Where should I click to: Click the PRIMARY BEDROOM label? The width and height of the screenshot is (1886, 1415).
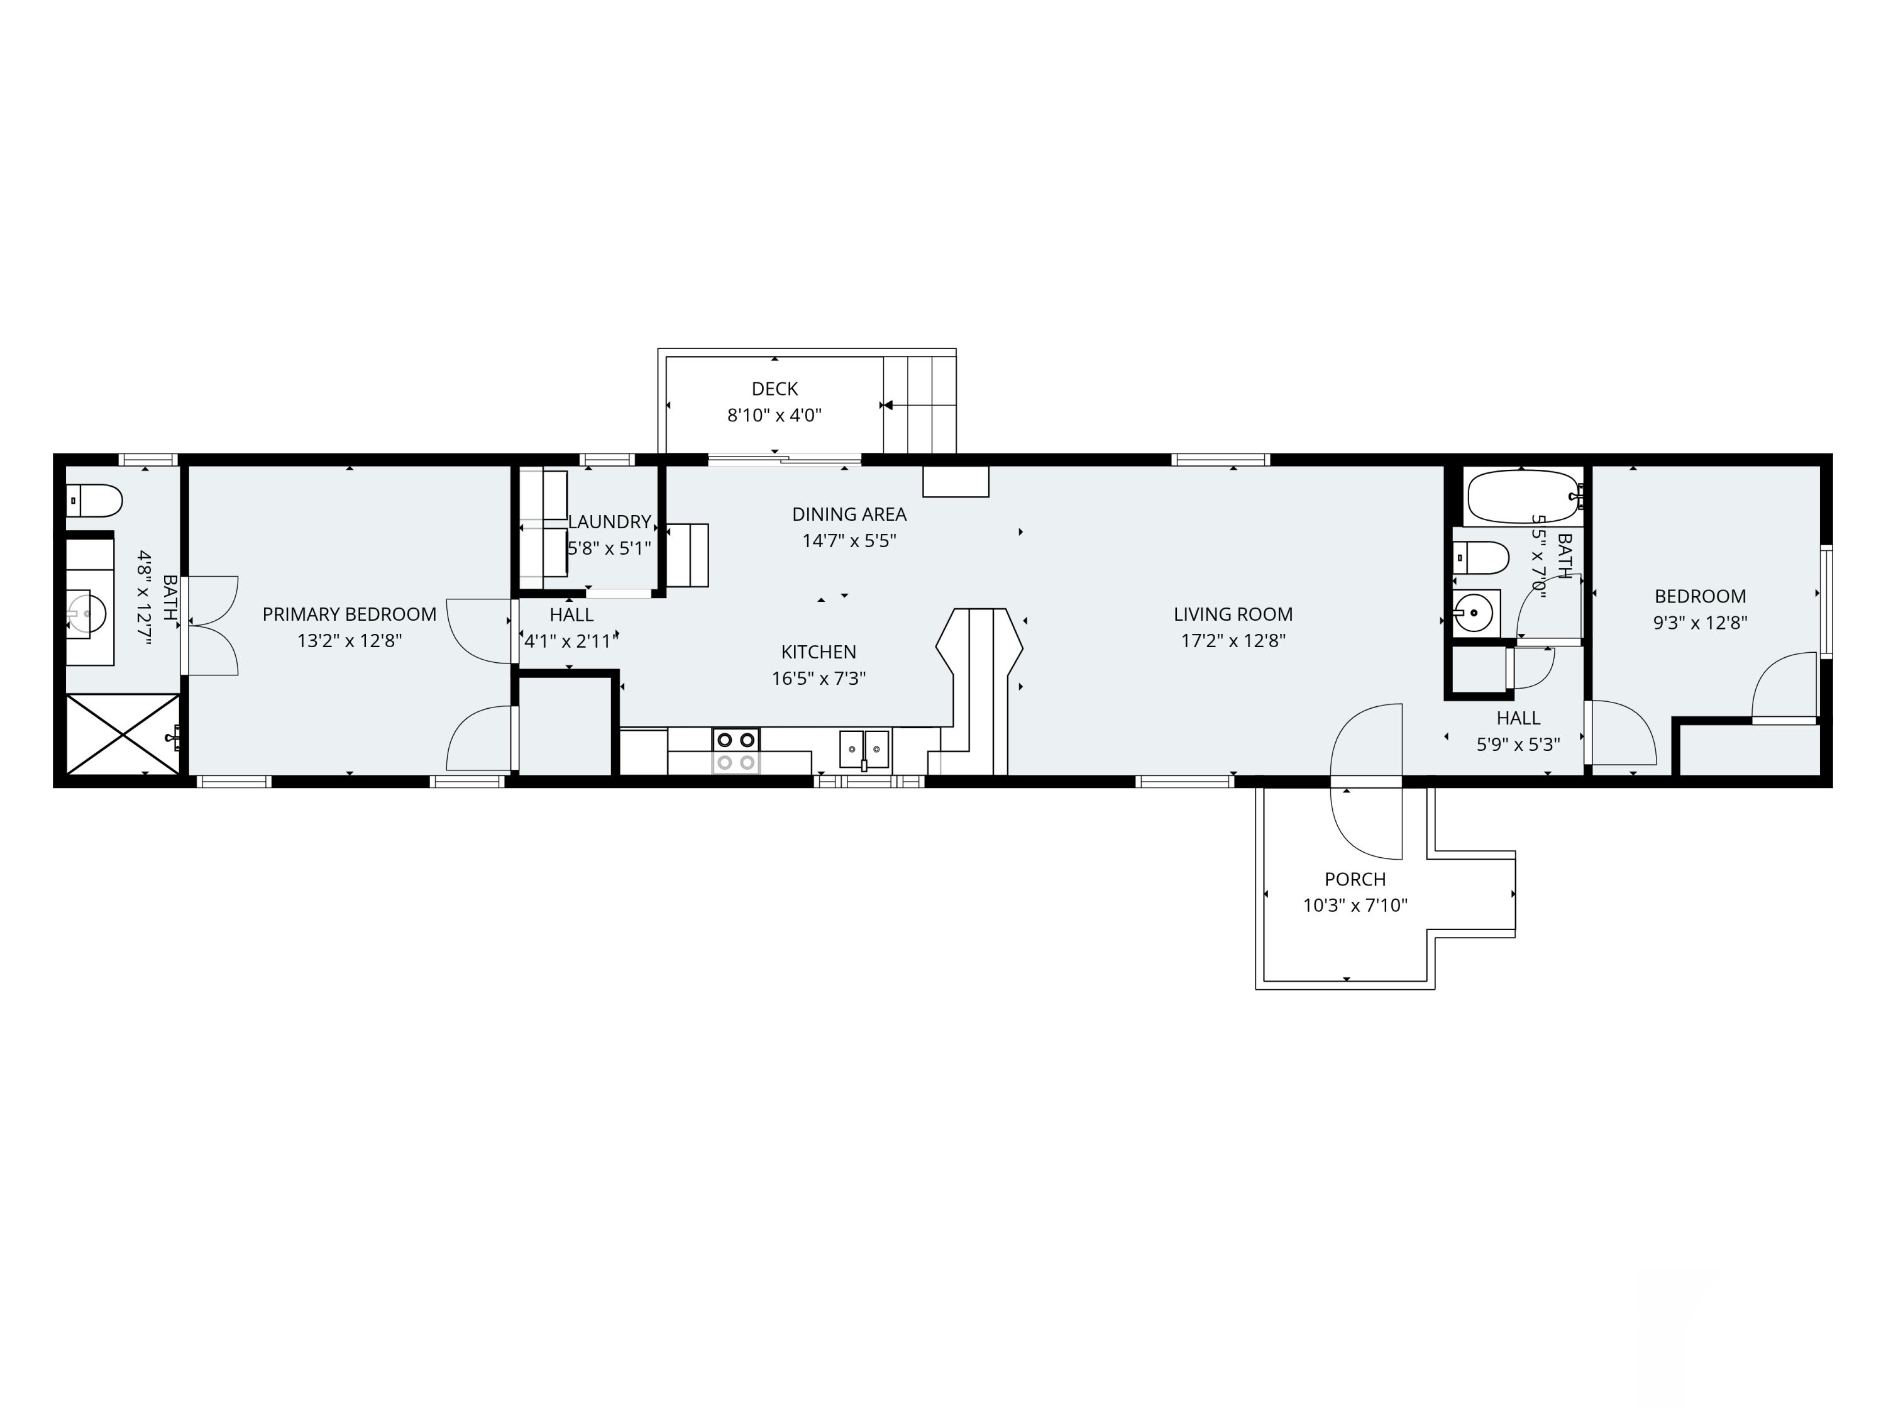349,614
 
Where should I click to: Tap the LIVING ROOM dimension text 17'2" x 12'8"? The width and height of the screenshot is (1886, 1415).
1233,641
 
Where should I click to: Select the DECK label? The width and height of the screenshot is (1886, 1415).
774,389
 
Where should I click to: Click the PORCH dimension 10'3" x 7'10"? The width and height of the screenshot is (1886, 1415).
1355,906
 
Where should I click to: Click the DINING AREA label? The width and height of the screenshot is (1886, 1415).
849,514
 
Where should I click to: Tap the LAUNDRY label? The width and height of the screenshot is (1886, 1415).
610,522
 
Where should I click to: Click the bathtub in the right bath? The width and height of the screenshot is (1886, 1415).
1523,496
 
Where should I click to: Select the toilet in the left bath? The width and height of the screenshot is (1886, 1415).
94,501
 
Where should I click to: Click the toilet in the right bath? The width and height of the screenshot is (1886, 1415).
1481,558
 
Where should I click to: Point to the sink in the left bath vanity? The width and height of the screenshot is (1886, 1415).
87,613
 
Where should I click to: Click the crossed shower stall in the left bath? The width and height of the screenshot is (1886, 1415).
123,735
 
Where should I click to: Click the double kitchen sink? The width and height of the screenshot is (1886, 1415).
864,750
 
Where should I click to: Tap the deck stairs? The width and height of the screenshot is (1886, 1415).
919,405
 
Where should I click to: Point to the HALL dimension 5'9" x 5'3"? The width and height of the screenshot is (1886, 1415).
1518,745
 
